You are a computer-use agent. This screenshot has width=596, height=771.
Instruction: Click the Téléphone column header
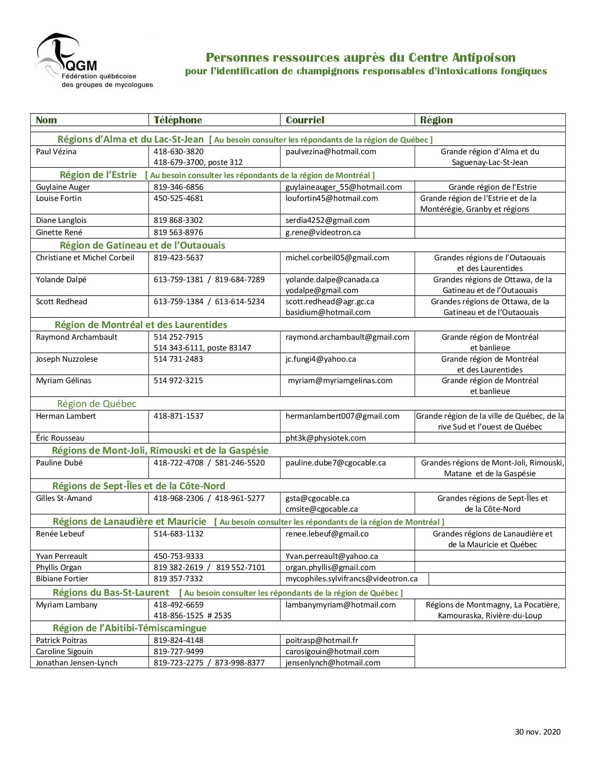[178, 120]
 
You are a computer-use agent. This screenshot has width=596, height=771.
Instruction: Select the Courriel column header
[305, 120]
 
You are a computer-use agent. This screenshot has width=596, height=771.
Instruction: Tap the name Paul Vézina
[56, 152]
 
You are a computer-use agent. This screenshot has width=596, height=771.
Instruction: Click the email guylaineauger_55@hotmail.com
[344, 187]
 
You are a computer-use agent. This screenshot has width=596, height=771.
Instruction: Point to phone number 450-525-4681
[179, 199]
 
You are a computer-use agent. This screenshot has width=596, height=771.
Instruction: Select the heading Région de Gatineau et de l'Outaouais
[142, 246]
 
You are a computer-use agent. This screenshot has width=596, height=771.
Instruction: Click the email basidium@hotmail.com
[328, 313]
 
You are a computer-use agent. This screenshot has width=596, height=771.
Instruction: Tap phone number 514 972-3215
[178, 381]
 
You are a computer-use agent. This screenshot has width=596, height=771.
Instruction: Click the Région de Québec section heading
[96, 404]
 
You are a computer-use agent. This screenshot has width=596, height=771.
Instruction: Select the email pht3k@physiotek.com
[325, 438]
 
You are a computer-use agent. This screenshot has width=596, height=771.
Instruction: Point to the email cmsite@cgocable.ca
[322, 509]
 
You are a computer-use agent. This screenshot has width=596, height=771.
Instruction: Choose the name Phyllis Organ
[58, 568]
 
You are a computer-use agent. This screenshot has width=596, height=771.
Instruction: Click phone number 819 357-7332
[178, 579]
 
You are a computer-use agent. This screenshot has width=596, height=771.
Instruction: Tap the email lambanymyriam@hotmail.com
[340, 605]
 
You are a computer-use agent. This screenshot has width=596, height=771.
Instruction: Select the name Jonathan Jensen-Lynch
[77, 663]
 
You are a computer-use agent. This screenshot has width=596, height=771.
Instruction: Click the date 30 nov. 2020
[538, 732]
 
